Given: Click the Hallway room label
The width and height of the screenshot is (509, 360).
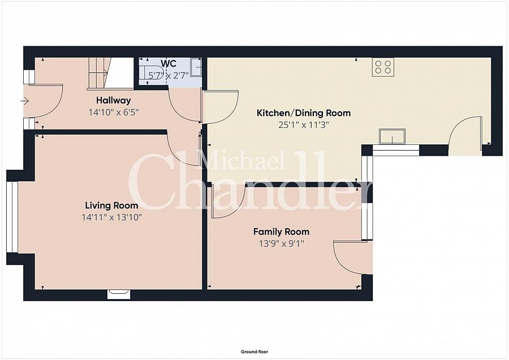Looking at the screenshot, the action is tap(113, 100).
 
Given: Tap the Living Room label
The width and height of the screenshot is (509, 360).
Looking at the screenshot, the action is tap(111, 205).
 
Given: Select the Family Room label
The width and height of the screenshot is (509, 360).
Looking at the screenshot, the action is tap(281, 232).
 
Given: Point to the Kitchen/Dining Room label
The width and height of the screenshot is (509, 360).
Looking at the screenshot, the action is tap(304, 113).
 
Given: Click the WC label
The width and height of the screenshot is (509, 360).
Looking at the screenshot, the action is tap(169, 63).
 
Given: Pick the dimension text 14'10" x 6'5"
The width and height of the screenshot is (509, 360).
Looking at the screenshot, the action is tap(114, 113).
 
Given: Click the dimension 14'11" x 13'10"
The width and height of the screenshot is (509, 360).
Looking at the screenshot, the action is tap(111, 217).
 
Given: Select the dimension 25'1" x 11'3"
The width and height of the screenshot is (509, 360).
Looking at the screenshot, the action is tap(304, 125).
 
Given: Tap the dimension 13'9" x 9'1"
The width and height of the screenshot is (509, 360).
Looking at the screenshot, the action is tap(282, 243).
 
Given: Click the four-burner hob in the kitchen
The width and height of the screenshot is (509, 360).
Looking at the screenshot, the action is tap(383, 67).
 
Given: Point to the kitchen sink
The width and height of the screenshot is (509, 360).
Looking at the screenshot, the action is tap(392, 136).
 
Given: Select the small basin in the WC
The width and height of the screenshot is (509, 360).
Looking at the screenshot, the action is tap(196, 67).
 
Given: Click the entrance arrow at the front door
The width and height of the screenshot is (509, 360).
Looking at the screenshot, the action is tap(25, 101).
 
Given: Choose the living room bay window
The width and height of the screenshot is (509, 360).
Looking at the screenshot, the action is tap(12, 217).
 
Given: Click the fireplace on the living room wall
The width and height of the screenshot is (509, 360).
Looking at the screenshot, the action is tap(119, 294).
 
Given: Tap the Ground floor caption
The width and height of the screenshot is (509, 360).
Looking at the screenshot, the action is tap(255, 352).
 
